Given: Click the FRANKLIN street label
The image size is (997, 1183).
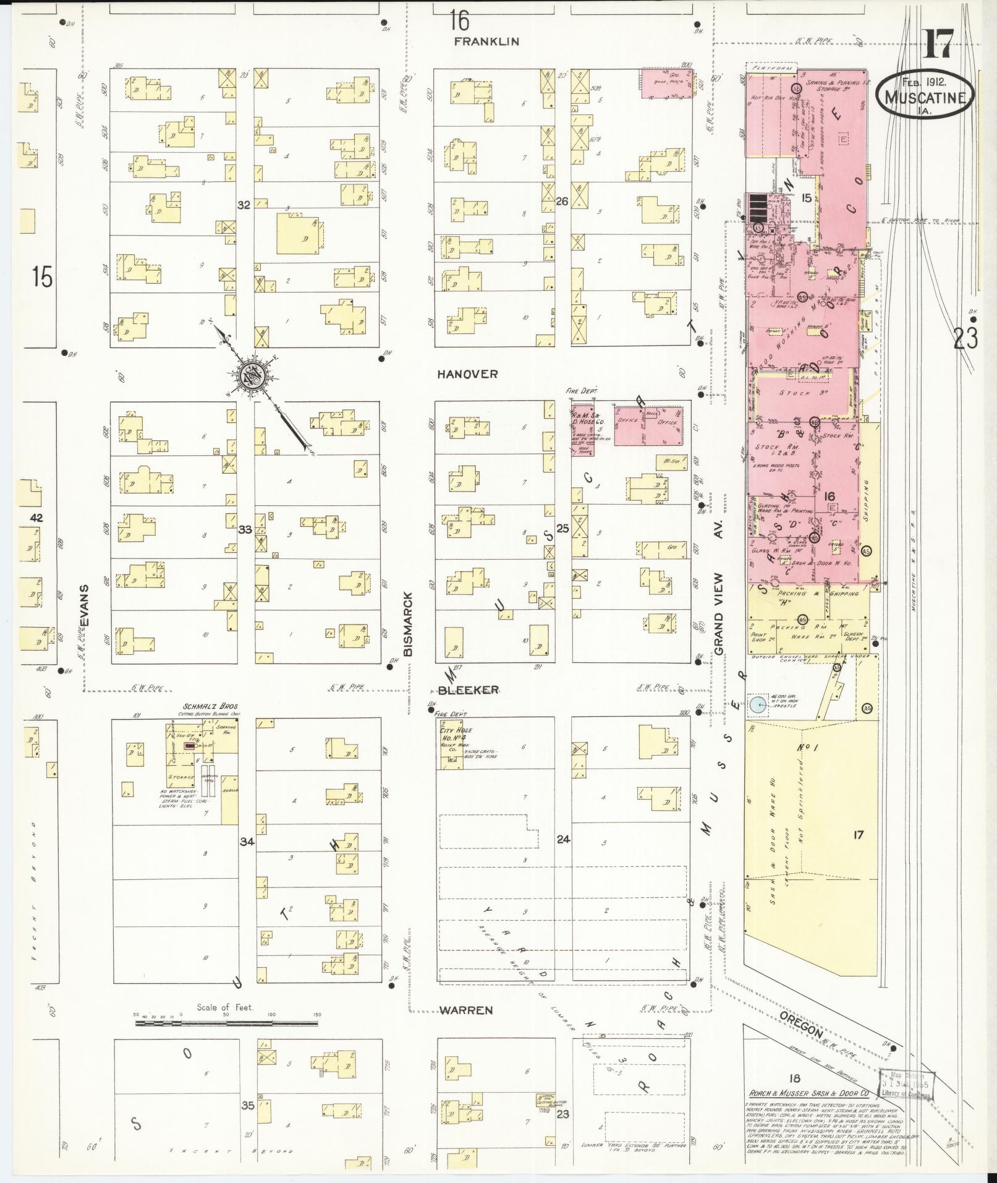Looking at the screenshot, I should point(486,42).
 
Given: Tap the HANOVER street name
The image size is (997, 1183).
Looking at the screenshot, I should point(467,374).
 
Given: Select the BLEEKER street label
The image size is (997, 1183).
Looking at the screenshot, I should point(468,690).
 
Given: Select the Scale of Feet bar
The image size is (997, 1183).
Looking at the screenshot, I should point(226,1024).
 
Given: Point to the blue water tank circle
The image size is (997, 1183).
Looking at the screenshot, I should point(756,704).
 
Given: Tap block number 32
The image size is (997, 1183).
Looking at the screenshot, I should point(244,205).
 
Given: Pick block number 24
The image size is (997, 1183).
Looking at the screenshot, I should point(562,839).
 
